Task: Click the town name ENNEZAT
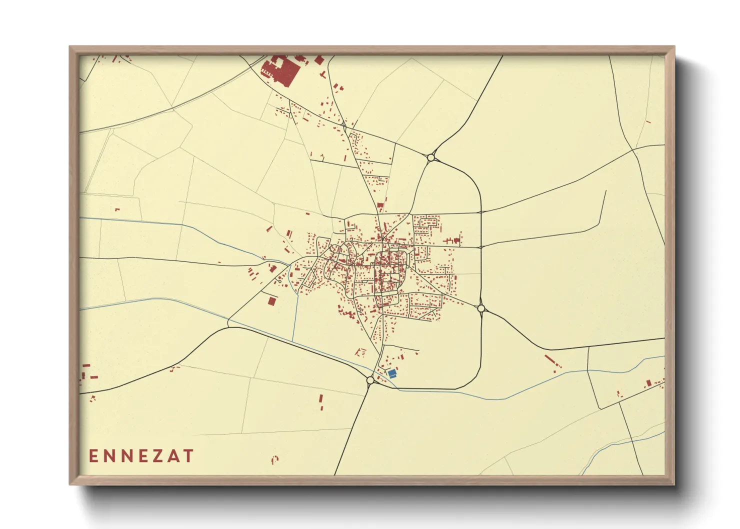coord(141,456)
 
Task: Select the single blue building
coord(392,373)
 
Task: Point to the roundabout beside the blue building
coord(370,380)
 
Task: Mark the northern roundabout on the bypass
coord(431,157)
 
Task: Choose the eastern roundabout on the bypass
coord(481,308)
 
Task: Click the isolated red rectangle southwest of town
coord(271,301)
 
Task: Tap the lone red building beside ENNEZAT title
coord(274,458)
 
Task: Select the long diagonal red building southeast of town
coord(550,360)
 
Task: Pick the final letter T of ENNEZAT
coord(188,456)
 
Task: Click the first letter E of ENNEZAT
coord(93,456)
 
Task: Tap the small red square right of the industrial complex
coord(319,60)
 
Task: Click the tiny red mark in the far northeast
coord(648,121)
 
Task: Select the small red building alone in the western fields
coord(117,209)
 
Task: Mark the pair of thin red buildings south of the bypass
coord(321,402)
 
